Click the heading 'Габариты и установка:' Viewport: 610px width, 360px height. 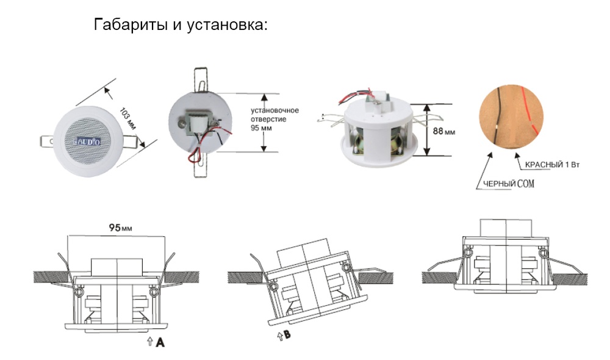pyautogui.click(x=181, y=26)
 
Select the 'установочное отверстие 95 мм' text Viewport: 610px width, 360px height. pyautogui.click(x=274, y=120)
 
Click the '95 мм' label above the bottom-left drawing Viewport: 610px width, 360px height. pyautogui.click(x=121, y=228)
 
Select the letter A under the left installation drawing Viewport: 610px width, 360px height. pyautogui.click(x=160, y=343)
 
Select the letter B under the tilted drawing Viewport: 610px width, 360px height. pyautogui.click(x=287, y=335)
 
